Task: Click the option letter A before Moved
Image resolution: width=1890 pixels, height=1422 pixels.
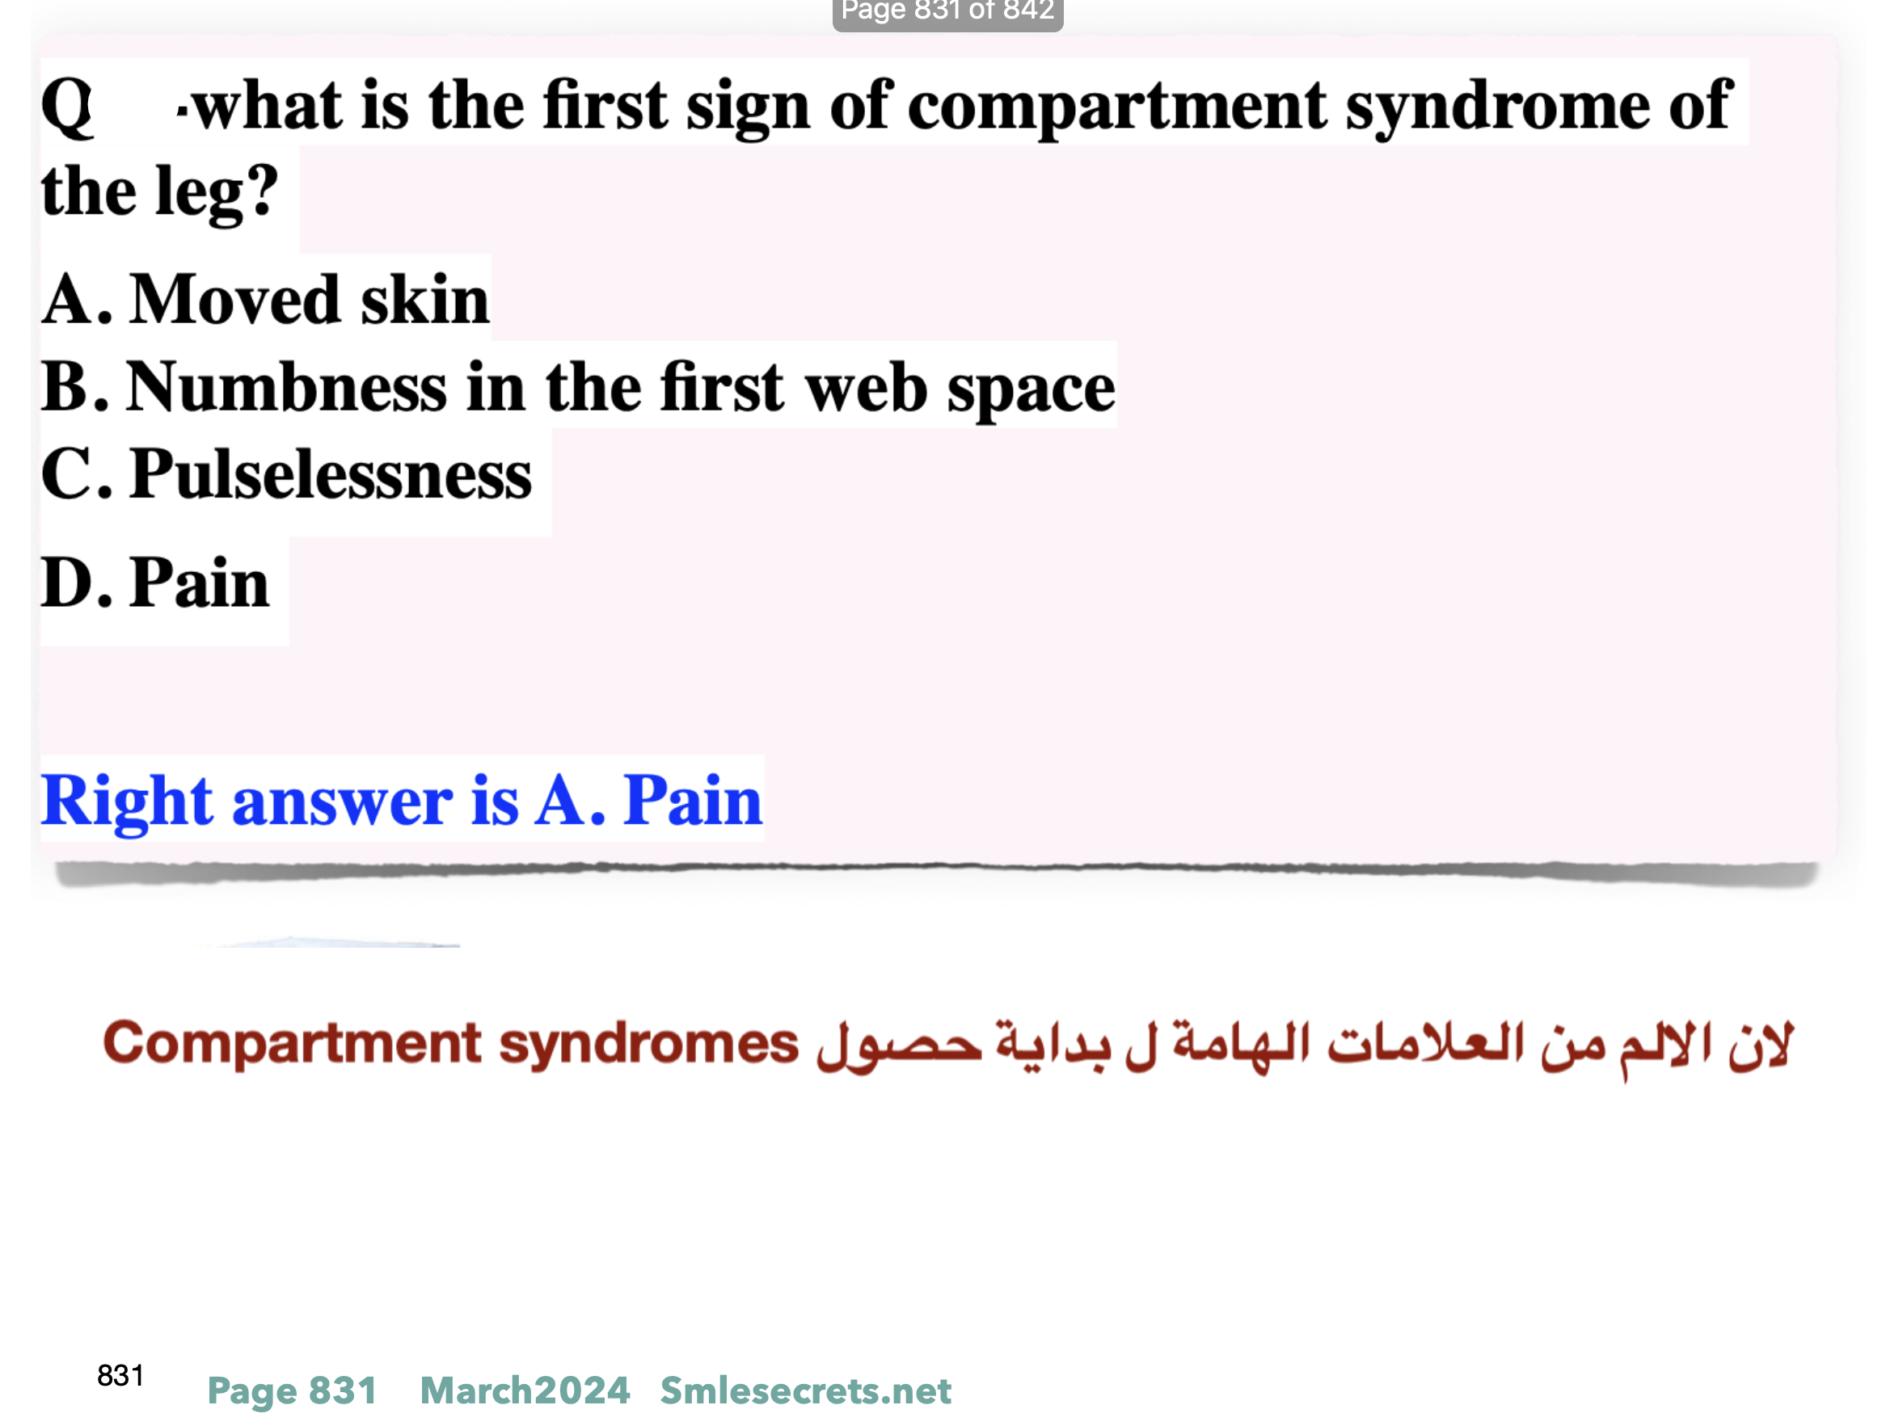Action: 77,300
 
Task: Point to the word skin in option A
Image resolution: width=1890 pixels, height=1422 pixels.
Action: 424,300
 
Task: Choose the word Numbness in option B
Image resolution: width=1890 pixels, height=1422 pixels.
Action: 286,388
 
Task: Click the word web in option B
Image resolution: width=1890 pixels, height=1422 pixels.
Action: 867,388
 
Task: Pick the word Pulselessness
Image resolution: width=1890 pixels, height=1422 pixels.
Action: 331,474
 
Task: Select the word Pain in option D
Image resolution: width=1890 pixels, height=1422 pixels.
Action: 199,583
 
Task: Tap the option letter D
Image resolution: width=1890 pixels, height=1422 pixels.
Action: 77,583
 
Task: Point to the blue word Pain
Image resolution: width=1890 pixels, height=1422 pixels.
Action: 692,800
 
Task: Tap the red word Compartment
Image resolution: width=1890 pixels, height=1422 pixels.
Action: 292,1045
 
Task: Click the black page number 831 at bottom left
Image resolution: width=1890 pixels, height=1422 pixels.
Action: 120,1376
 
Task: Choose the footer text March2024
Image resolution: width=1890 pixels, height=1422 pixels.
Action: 525,1390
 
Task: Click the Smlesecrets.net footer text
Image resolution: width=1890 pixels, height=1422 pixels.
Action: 806,1390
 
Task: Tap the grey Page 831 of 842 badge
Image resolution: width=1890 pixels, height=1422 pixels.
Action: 947,12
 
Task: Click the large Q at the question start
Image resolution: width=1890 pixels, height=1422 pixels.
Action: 66,107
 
